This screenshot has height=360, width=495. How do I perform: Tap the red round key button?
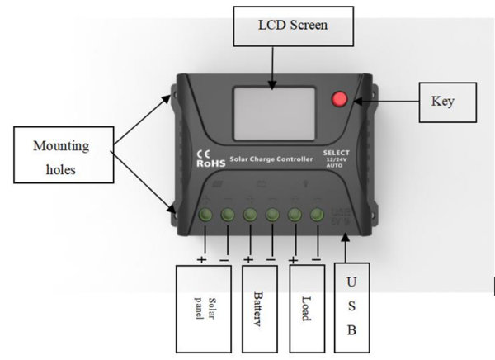click(x=339, y=101)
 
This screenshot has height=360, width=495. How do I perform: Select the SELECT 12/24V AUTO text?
click(x=337, y=159)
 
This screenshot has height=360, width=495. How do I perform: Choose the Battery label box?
click(x=257, y=306)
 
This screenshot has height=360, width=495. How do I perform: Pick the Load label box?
click(x=304, y=306)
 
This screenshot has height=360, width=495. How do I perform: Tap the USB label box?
click(x=352, y=306)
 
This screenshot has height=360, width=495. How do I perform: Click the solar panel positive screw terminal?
click(x=205, y=216)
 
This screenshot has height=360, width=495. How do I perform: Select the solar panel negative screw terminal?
click(x=227, y=216)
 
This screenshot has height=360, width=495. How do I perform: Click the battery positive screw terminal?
click(x=250, y=216)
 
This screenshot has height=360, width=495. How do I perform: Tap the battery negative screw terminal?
click(x=272, y=216)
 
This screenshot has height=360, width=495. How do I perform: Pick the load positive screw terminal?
click(x=295, y=216)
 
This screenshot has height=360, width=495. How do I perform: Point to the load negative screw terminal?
click(x=317, y=216)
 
